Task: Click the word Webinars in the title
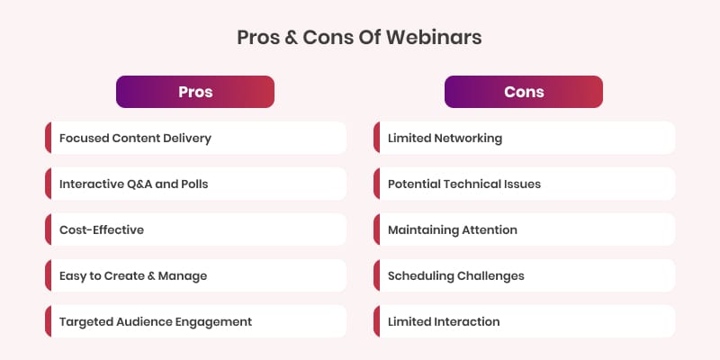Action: click(x=434, y=37)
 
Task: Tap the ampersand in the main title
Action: click(x=291, y=38)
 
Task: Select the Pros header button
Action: click(x=195, y=92)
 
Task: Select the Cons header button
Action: click(x=524, y=92)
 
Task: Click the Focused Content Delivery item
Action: click(x=195, y=138)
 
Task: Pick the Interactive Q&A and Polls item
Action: click(x=195, y=184)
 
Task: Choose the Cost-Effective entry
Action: click(x=195, y=229)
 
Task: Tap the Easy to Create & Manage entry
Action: click(x=195, y=275)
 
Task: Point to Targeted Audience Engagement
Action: click(x=195, y=321)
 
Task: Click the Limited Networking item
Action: click(x=525, y=138)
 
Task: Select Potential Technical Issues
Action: click(x=525, y=184)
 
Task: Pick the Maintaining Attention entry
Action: click(x=525, y=229)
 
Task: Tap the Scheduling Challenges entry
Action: click(x=525, y=275)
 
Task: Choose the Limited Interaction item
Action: click(x=525, y=321)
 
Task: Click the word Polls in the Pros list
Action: click(x=195, y=184)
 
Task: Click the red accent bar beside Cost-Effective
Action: click(x=49, y=229)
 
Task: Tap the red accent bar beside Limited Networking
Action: click(x=376, y=138)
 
